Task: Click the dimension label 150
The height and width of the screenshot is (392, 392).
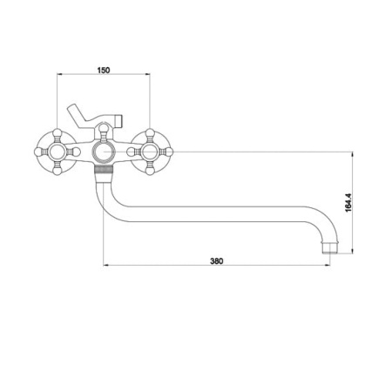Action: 104,70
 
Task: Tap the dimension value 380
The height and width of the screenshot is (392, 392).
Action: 217,261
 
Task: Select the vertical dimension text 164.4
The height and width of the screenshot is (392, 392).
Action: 348,203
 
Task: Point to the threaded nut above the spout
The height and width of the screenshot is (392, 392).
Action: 104,169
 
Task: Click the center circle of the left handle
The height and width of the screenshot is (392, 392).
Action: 57,152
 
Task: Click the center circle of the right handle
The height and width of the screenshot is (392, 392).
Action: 150,152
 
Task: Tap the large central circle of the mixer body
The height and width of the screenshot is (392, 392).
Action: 104,152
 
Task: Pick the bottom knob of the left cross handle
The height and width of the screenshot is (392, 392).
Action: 57,171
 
